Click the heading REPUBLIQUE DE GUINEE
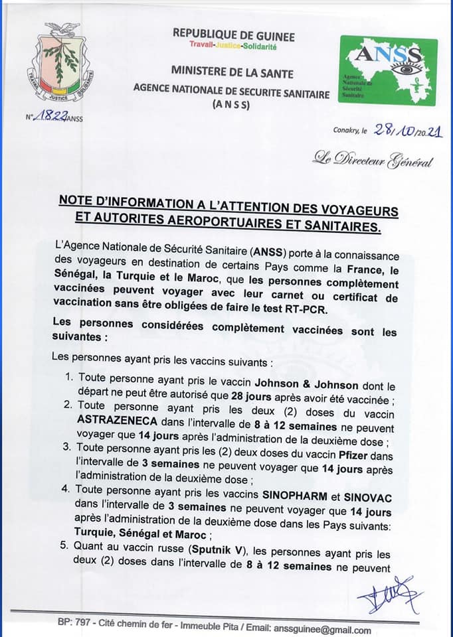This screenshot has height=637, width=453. pyautogui.click(x=233, y=36)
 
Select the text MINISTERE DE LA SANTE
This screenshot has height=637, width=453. pyautogui.click(x=232, y=72)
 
